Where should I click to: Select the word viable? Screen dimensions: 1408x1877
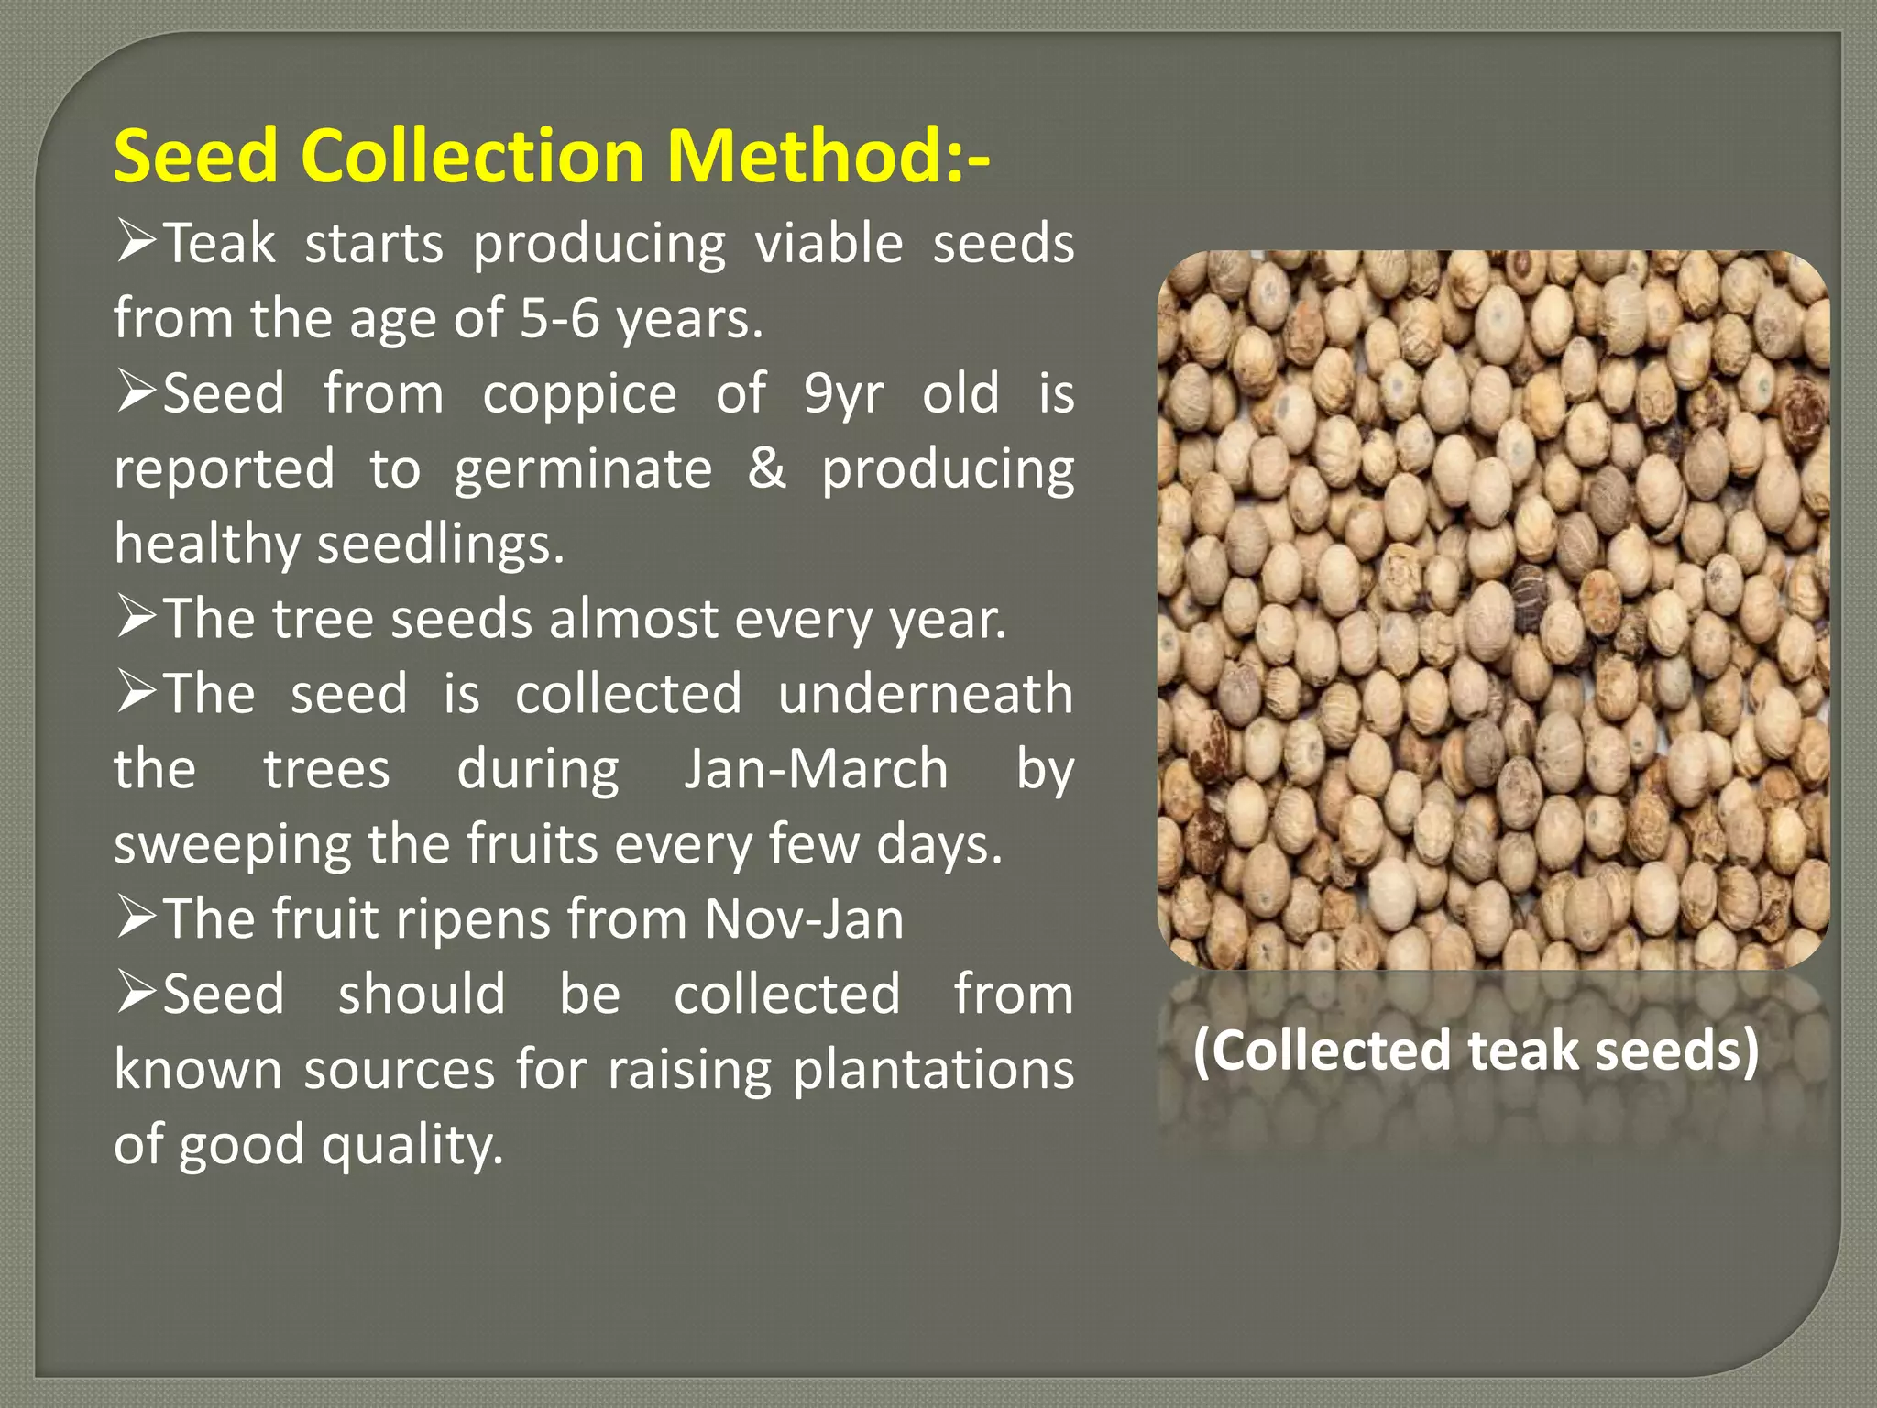point(829,244)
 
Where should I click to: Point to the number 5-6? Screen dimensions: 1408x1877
point(559,319)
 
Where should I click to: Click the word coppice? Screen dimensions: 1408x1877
point(579,394)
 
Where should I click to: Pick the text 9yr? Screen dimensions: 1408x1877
point(843,394)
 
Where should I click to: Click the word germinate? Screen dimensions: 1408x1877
point(583,470)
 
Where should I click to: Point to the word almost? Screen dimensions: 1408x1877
point(633,619)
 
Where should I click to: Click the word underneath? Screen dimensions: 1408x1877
point(926,694)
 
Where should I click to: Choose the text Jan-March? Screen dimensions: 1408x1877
point(816,769)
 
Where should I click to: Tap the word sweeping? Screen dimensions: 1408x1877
point(233,844)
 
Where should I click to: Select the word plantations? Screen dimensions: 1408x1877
point(933,1070)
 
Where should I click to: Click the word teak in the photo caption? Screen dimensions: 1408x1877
point(1523,1050)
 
